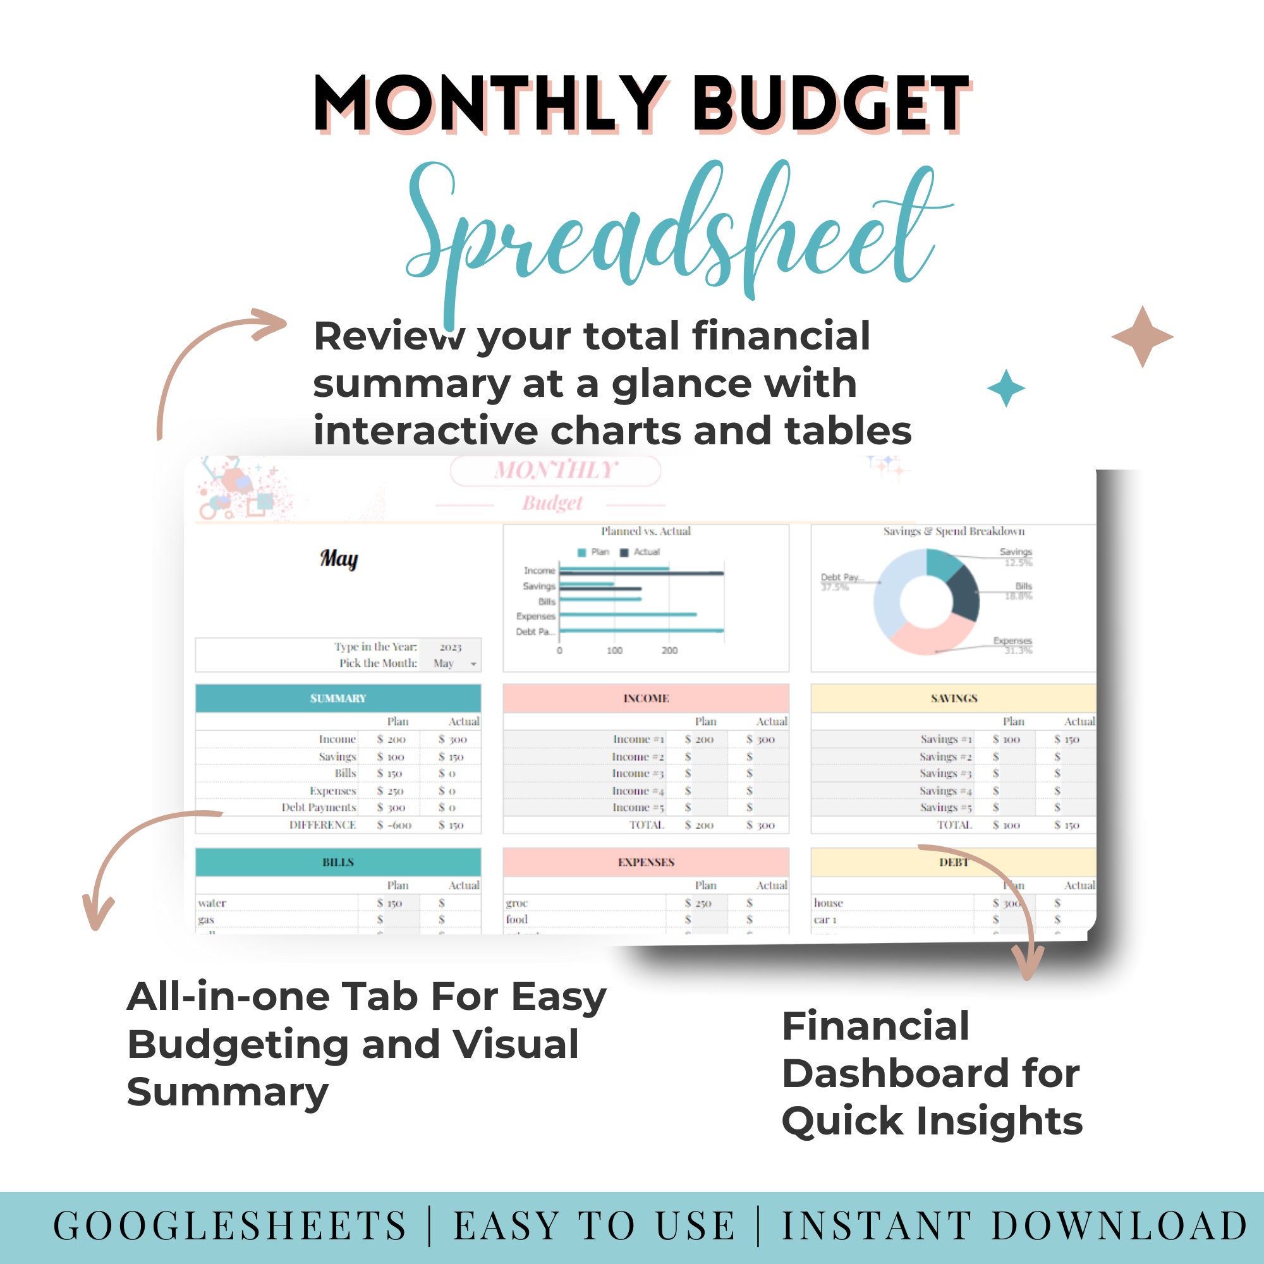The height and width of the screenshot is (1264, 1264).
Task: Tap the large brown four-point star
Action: coord(1142,337)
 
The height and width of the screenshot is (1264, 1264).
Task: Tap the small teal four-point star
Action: coord(1006,388)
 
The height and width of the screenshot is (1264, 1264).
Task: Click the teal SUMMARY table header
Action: coord(337,698)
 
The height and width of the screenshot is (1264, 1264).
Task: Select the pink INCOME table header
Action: coord(646,698)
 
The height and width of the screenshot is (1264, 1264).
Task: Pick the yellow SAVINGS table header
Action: coord(953,698)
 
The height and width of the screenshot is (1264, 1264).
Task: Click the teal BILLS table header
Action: coord(337,862)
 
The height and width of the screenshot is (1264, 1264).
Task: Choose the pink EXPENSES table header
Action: coord(646,862)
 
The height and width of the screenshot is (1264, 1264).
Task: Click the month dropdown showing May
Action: coord(453,664)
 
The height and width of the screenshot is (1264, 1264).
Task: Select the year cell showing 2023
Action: coord(450,647)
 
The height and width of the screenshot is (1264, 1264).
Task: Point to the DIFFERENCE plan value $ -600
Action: coord(394,825)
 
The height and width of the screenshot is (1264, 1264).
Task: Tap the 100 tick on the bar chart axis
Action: coord(614,650)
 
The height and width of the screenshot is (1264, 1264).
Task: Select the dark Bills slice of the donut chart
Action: coord(963,592)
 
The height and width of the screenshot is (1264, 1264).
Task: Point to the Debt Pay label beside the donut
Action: coord(841,578)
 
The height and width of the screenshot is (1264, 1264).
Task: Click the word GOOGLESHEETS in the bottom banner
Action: coord(229,1225)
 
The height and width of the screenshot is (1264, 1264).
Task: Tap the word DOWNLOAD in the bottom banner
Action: coord(1119,1225)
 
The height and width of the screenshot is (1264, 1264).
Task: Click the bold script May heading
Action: coord(339,559)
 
